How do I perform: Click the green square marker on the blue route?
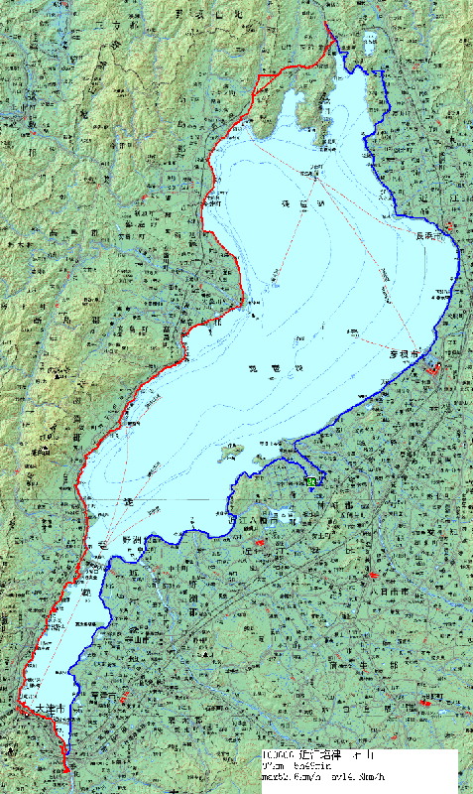(x=311, y=480)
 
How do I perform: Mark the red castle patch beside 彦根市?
(x=433, y=368)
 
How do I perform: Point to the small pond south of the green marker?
(x=284, y=515)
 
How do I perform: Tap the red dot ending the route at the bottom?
(x=65, y=769)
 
